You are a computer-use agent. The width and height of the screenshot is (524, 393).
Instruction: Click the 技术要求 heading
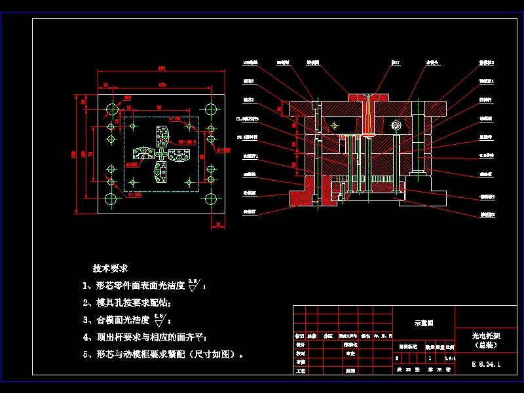[x=110, y=269]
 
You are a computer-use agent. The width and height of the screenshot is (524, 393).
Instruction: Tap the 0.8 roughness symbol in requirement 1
[x=193, y=284]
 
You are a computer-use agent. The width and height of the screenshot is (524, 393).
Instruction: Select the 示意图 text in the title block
[x=424, y=323]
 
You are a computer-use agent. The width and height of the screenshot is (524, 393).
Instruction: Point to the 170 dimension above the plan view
[x=160, y=68]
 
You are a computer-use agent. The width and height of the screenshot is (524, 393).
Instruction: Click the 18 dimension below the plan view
[x=217, y=225]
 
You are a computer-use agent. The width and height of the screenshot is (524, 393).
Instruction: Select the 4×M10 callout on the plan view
[x=134, y=195]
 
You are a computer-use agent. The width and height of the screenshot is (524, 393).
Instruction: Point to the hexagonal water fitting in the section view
[x=395, y=125]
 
